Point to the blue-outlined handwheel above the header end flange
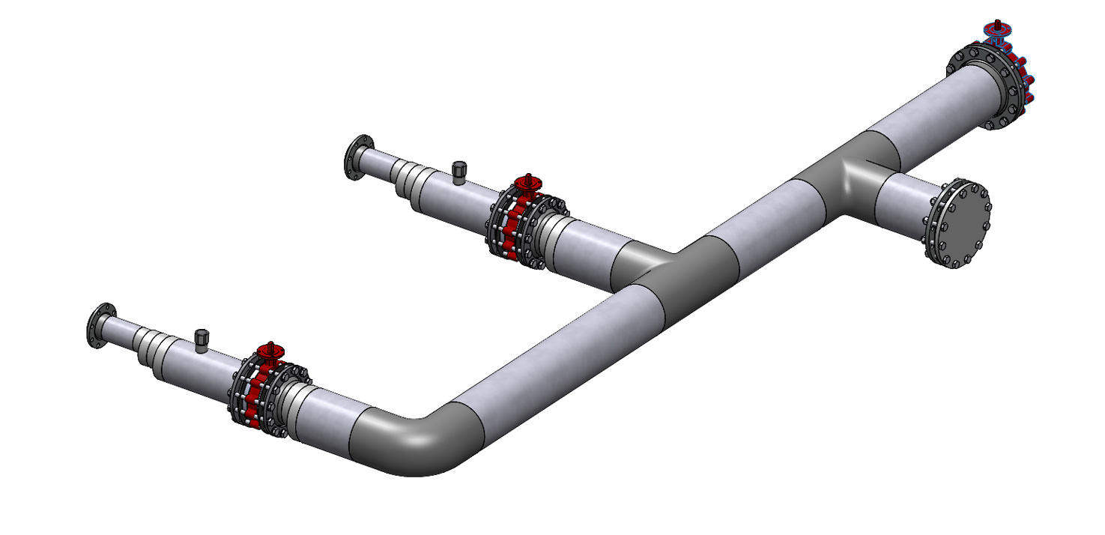click(x=997, y=30)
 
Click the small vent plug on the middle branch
click(x=459, y=172)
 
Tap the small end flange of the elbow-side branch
click(x=100, y=327)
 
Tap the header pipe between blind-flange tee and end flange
click(x=929, y=120)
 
